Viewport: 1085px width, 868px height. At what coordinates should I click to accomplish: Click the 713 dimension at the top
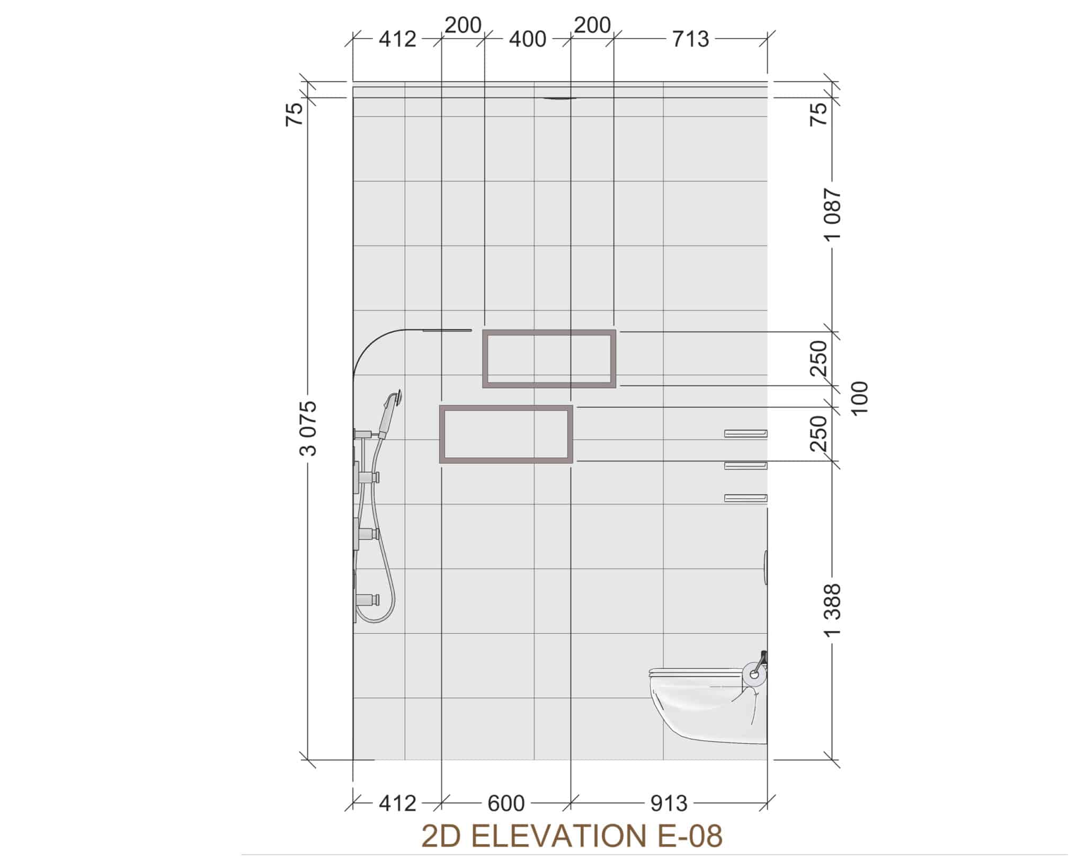point(690,39)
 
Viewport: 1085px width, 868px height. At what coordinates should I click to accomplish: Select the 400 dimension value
point(527,39)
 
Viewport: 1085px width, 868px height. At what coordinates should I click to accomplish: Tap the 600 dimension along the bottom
point(506,803)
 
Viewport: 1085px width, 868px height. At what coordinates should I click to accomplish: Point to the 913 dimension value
point(669,803)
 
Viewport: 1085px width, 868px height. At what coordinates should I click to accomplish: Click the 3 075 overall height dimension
point(308,428)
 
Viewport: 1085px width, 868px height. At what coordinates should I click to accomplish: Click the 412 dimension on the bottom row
point(397,803)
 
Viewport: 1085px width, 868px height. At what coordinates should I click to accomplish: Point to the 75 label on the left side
point(295,113)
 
